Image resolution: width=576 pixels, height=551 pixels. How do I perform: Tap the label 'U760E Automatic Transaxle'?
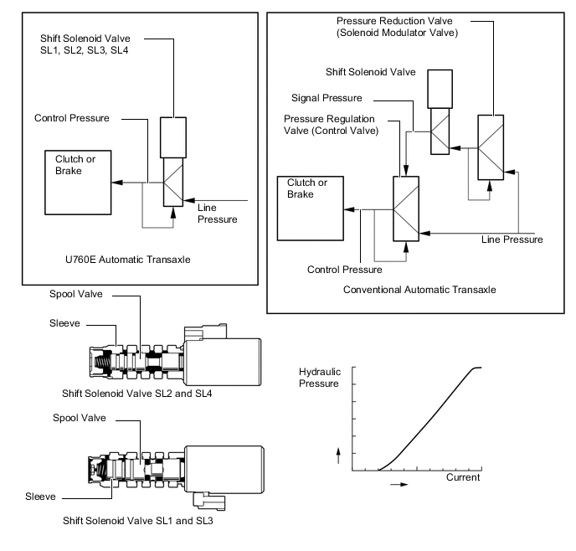point(128,260)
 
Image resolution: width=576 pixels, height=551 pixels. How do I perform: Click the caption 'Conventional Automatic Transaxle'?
point(419,290)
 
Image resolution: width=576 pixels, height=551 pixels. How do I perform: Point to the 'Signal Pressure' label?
point(327,98)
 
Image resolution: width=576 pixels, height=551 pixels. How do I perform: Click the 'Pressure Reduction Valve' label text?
point(394,21)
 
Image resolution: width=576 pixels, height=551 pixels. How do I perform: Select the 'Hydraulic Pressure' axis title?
point(320,378)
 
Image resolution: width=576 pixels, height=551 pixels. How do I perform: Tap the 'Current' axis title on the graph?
point(463,477)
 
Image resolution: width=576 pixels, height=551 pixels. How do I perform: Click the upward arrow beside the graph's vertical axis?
point(338,456)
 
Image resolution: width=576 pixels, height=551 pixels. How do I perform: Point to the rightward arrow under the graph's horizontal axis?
point(399,485)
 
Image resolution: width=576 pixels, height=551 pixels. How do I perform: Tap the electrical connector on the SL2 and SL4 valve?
point(205,332)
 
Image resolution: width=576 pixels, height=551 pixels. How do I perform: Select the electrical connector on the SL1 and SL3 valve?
point(209,502)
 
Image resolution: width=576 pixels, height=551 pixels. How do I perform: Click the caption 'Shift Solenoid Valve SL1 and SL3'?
point(138,521)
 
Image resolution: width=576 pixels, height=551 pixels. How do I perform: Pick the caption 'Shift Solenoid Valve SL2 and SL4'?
point(137,394)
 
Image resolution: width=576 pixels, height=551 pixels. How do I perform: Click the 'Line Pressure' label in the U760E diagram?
point(217,214)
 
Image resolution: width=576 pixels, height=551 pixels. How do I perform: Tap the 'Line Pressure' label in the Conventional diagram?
point(512,239)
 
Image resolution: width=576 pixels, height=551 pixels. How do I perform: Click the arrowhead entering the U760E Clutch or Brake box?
point(117,183)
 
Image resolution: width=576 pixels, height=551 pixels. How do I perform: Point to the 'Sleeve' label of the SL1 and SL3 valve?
point(40,497)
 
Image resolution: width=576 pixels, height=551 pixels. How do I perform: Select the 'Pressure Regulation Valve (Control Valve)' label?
point(331,125)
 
